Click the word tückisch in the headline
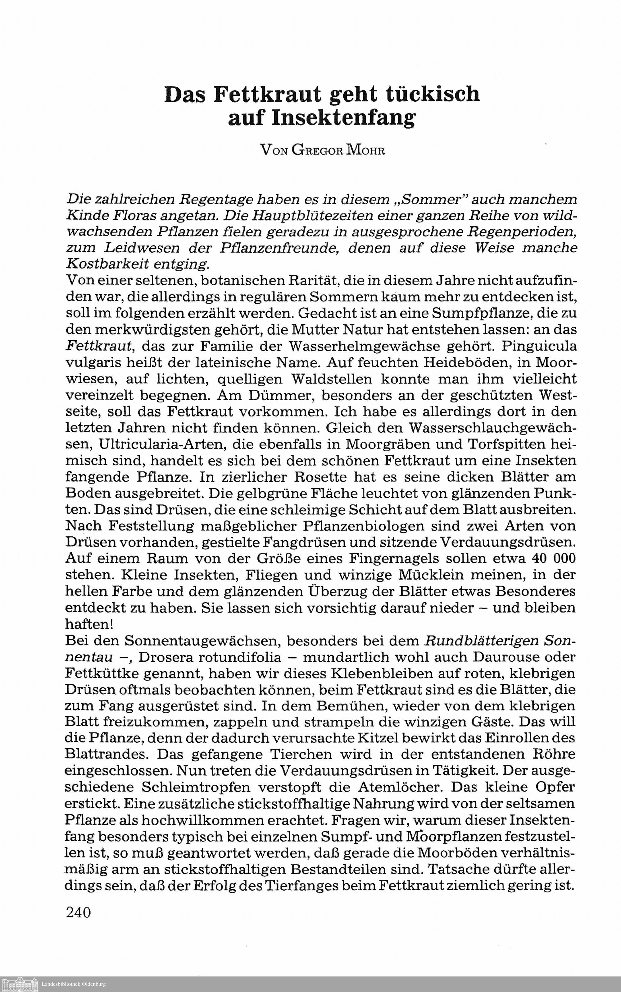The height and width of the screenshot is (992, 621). tap(433, 94)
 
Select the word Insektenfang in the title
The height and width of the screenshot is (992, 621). tap(322, 118)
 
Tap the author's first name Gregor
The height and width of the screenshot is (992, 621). tap(317, 150)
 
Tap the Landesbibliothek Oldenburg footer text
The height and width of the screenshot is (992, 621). tap(74, 984)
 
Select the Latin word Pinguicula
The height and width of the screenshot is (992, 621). tap(539, 346)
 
